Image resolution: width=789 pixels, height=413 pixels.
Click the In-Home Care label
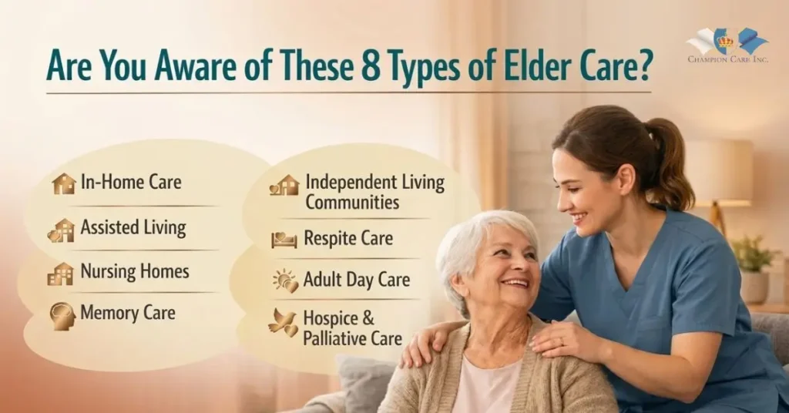pos(131,183)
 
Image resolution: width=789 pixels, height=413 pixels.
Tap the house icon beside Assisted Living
pos(62,230)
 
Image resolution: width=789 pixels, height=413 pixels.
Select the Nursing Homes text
pos(135,272)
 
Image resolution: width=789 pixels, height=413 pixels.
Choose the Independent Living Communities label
pos(374,192)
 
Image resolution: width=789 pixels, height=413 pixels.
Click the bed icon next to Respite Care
pos(284,240)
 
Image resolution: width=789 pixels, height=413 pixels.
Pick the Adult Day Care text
pos(357,279)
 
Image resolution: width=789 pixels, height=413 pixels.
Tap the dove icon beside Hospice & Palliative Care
pos(283,323)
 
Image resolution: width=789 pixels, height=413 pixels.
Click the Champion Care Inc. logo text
pos(728,59)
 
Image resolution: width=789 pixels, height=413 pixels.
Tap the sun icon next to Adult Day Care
pos(285,280)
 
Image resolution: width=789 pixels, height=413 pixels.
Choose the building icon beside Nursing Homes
pos(60,274)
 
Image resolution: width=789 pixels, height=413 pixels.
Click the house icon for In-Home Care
pos(64,183)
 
